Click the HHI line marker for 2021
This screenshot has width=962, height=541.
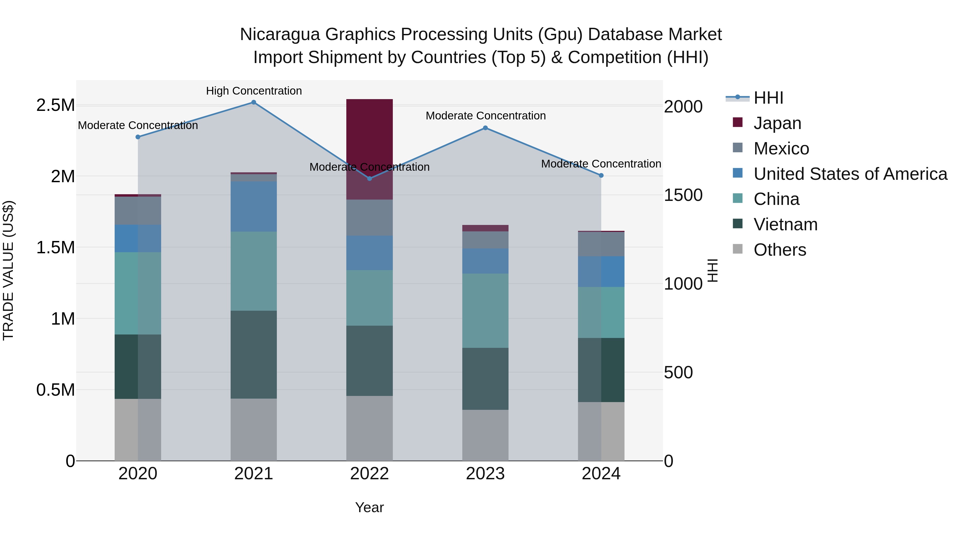coord(254,102)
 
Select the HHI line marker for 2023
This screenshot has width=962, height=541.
coord(485,128)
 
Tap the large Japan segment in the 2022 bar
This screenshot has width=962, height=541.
coord(369,149)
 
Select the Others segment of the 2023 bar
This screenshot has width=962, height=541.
coord(485,435)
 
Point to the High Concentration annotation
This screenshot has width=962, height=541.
coord(254,91)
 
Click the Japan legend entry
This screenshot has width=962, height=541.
coord(777,123)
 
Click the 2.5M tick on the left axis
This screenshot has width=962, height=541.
coord(55,105)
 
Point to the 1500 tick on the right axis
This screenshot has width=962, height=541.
coord(683,195)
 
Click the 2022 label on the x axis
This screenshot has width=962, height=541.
coord(369,474)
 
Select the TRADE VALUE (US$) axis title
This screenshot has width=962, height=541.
coord(9,270)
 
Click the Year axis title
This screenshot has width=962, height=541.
coord(369,507)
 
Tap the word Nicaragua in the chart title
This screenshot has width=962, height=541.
coord(280,34)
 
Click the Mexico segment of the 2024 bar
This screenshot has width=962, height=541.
coord(601,244)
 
